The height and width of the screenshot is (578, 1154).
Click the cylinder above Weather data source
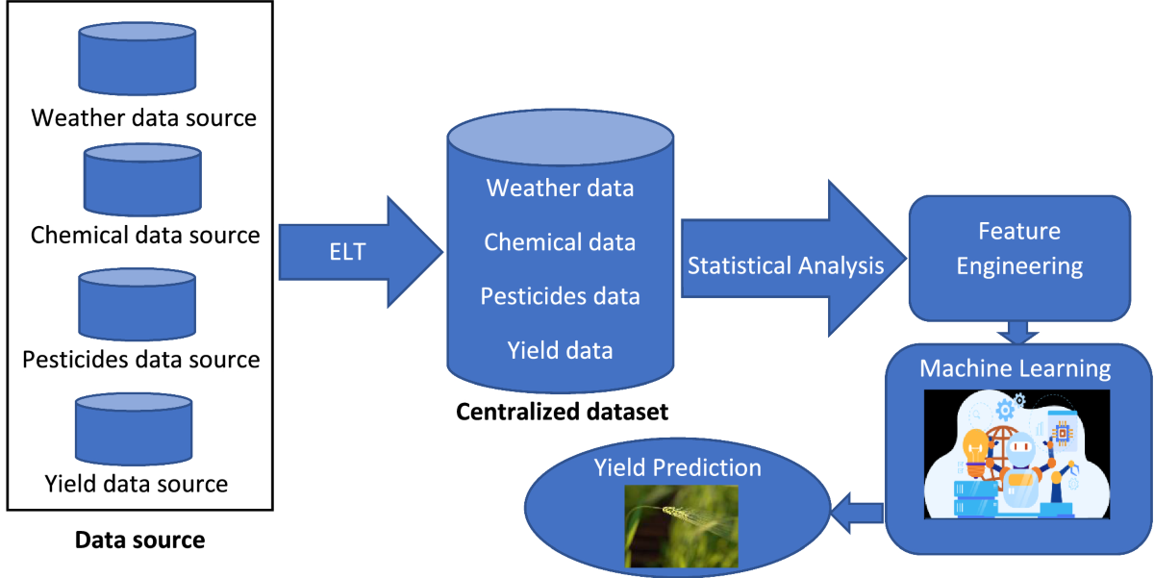pos(137,59)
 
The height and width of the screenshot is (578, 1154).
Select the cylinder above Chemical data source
pos(142,179)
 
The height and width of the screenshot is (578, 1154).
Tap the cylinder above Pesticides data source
pos(137,304)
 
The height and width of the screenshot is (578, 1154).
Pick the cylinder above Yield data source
pos(134,429)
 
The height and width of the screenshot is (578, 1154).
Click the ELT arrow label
pos(348,252)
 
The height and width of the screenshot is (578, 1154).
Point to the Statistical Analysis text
pos(786,265)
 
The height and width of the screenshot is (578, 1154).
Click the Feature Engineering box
pos(1019,258)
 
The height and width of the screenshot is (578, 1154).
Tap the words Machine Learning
pos(1015,368)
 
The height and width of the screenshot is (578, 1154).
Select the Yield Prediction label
pos(677,467)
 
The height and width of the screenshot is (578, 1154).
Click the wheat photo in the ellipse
pos(682,526)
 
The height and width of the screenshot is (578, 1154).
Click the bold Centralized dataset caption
pos(562,412)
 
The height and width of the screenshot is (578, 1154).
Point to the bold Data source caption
pos(140,540)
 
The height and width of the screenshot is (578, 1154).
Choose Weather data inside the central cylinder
pos(560,188)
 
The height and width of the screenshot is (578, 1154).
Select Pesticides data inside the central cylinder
pos(560,296)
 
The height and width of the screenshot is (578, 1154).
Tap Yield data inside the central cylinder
pos(560,351)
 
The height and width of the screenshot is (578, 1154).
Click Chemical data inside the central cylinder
pos(560,242)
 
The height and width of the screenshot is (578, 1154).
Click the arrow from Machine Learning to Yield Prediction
pos(857,514)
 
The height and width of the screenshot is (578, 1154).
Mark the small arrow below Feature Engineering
pos(1017,332)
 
